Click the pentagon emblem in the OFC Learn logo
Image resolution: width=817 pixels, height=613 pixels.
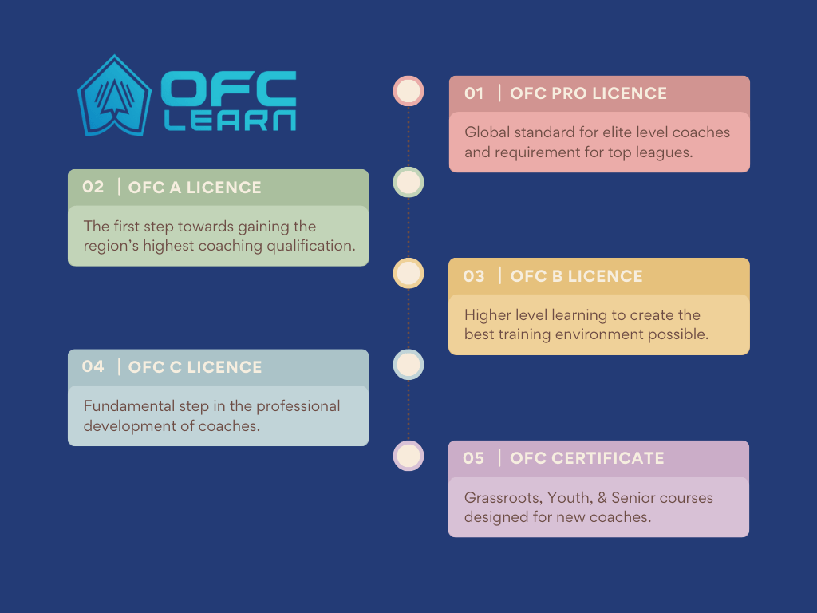(115, 96)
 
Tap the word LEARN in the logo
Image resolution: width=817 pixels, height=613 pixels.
(231, 121)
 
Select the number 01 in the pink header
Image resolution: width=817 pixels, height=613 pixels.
(474, 93)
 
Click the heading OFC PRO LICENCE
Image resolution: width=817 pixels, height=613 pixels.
(588, 93)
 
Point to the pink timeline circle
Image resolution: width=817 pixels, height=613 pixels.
(408, 91)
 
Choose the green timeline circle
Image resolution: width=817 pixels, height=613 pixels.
(408, 183)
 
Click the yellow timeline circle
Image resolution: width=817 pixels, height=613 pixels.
(408, 273)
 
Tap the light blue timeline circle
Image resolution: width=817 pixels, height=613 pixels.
(408, 364)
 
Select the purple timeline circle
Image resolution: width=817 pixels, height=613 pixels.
(408, 456)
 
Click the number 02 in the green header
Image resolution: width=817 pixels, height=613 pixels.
(93, 187)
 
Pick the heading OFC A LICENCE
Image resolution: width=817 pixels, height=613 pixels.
(195, 187)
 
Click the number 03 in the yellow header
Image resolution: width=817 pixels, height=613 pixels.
(474, 275)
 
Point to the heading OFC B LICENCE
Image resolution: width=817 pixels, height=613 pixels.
(576, 275)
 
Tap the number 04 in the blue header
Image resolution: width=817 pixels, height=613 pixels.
(93, 366)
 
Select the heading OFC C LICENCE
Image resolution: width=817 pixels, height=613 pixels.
(195, 367)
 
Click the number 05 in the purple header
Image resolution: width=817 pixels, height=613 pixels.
(474, 457)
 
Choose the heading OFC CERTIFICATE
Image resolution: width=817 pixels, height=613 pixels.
(587, 457)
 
